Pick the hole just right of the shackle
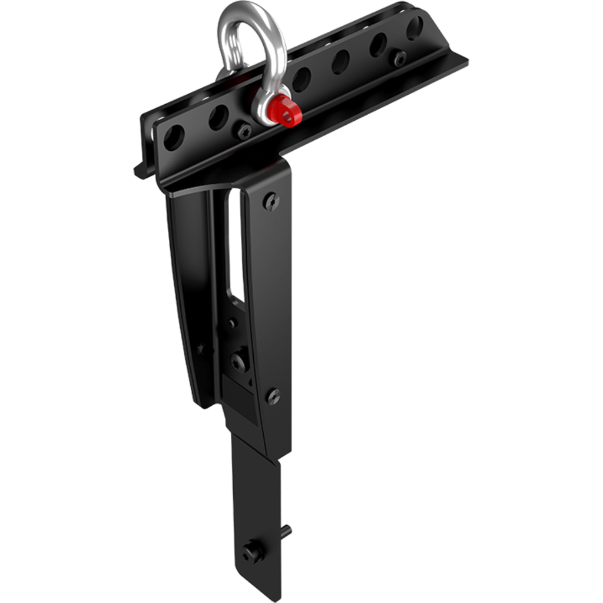coord(303,77)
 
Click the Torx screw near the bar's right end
coord(401,58)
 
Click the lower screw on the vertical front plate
coord(273,396)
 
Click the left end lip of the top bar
coord(140,171)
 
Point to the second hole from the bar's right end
coord(378,45)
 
